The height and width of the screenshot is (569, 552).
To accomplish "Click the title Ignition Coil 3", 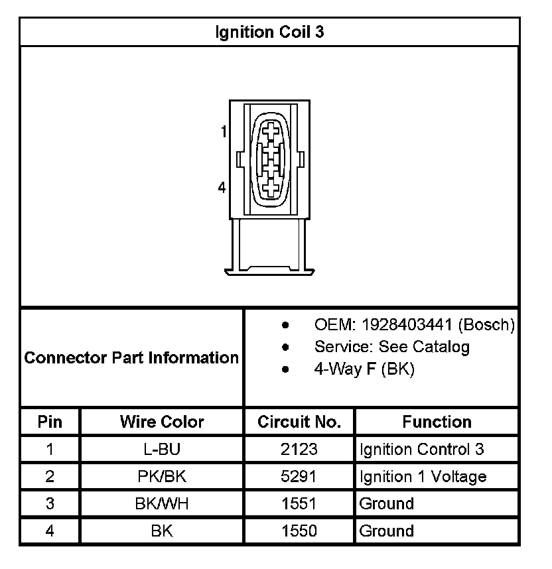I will [x=269, y=32].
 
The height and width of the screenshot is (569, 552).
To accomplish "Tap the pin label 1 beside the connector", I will [x=224, y=131].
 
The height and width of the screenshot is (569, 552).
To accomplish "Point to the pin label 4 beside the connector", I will [x=222, y=188].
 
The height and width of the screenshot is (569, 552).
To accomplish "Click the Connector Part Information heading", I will [x=131, y=358].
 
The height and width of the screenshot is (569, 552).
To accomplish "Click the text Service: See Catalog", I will [x=391, y=347].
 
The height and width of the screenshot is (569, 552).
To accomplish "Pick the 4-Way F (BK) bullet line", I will [x=364, y=369].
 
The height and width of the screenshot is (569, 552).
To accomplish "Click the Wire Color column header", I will [x=162, y=422].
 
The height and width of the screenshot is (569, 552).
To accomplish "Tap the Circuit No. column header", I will [x=299, y=422].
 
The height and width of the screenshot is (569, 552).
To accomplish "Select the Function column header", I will [x=437, y=422].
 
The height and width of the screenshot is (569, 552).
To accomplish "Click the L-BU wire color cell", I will [x=162, y=450].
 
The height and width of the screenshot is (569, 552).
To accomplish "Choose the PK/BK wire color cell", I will [x=162, y=477].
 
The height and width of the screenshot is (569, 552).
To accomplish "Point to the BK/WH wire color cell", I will [x=162, y=504].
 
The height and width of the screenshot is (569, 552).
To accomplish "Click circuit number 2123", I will [x=299, y=450].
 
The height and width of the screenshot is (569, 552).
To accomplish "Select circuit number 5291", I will [x=299, y=477].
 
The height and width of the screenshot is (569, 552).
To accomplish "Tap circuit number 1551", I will [x=299, y=504].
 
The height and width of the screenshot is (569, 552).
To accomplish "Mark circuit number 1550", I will [x=299, y=531].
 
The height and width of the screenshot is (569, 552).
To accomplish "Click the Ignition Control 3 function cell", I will [x=421, y=450].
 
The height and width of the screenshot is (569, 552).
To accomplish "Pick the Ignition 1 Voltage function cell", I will [x=423, y=477].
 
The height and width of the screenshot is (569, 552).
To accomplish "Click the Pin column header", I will [x=50, y=422].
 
